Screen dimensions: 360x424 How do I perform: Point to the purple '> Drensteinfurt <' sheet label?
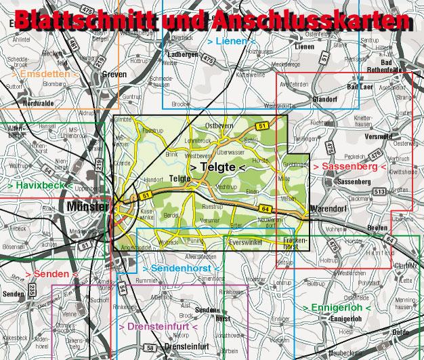click(157, 327)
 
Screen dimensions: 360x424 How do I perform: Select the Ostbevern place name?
click(219, 126)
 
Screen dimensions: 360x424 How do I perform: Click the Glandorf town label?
click(306, 98)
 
